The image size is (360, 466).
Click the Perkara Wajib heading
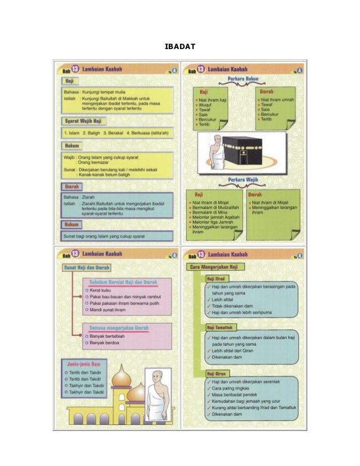[x=243, y=181]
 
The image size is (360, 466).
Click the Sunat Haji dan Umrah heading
[x=87, y=267]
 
